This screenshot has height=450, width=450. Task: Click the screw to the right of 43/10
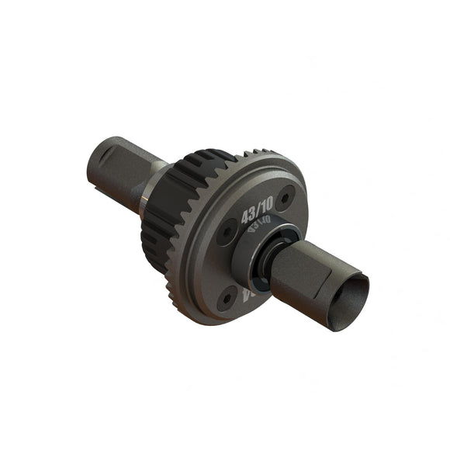(x=287, y=198)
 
